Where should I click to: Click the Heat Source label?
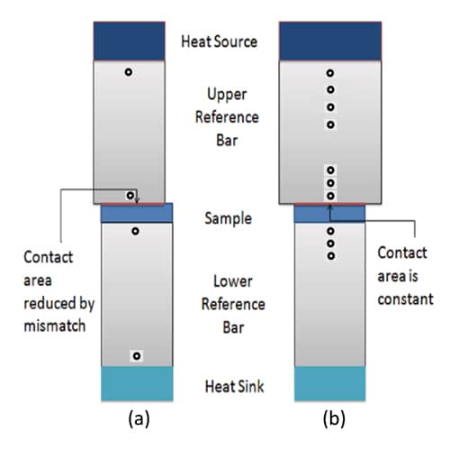tap(220, 41)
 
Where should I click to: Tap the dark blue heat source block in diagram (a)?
tap(129, 41)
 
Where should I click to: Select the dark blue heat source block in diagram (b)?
tap(330, 41)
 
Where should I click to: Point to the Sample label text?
tap(228, 218)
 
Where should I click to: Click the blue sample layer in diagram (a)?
tap(137, 213)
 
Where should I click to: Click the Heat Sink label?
tap(234, 386)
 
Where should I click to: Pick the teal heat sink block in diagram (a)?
tap(137, 383)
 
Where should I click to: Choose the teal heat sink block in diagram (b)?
tap(330, 383)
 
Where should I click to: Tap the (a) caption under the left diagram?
tap(139, 418)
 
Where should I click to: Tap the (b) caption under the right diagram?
tap(334, 418)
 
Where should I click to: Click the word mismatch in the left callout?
tap(55, 326)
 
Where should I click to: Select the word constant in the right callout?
tap(405, 299)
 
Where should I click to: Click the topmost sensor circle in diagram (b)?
tap(330, 73)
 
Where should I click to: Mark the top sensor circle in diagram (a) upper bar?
tap(129, 72)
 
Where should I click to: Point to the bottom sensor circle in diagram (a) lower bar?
tap(137, 356)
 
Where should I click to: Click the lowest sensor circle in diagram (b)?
tap(331, 256)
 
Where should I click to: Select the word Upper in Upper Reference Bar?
tap(227, 95)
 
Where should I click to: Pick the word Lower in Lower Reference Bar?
tap(233, 281)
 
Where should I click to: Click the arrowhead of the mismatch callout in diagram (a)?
tap(137, 200)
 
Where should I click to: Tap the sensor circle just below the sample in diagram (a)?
tap(135, 231)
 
